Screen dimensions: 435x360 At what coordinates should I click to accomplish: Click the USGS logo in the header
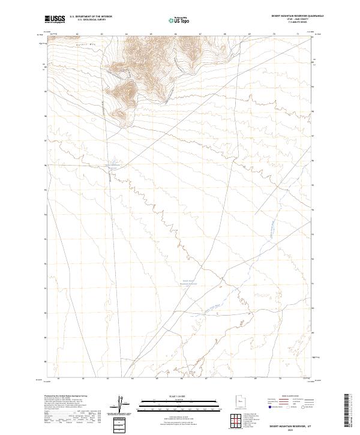coord(55,19)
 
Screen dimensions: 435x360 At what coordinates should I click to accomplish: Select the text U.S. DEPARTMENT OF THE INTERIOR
coord(91,17)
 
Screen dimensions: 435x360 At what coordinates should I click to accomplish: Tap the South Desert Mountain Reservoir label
coord(189,282)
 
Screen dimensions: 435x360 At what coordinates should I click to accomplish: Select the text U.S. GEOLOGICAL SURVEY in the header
coord(91,20)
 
